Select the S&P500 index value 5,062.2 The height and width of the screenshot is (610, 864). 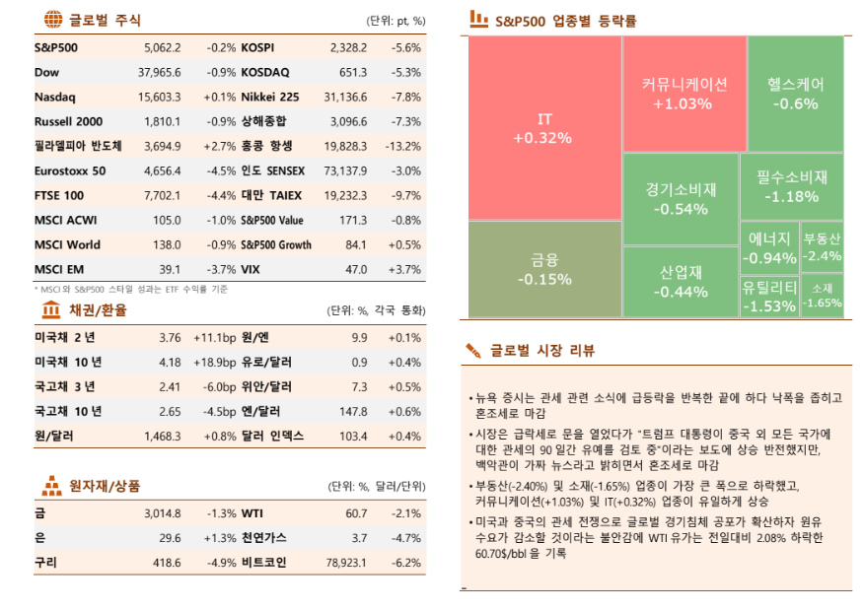pyautogui.click(x=162, y=47)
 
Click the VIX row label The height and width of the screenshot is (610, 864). pyautogui.click(x=252, y=269)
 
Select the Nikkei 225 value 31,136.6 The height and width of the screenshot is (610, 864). pyautogui.click(x=344, y=97)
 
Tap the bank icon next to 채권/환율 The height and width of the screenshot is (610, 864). pyautogui.click(x=52, y=310)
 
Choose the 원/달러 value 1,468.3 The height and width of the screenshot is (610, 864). pyautogui.click(x=162, y=436)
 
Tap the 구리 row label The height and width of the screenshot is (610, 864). pyautogui.click(x=45, y=563)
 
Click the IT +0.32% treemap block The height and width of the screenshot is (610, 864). pyautogui.click(x=543, y=128)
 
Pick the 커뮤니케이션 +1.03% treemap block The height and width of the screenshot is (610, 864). pyautogui.click(x=683, y=93)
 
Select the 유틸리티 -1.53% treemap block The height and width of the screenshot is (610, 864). pyautogui.click(x=768, y=296)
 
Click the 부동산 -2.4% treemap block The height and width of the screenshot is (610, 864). pyautogui.click(x=822, y=246)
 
